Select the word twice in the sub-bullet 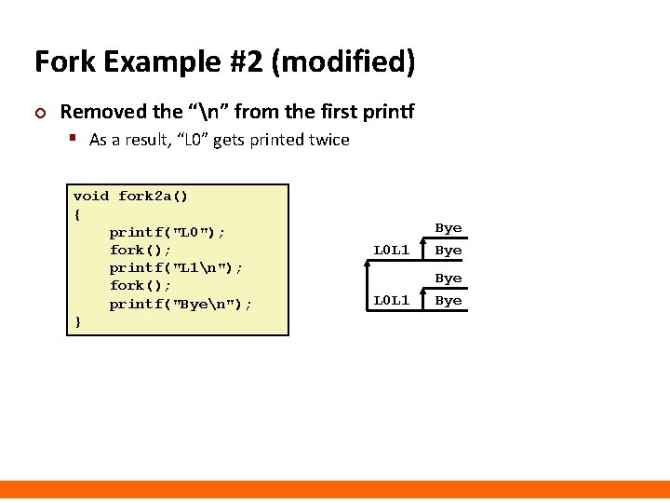pyautogui.click(x=328, y=140)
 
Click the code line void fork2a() pyautogui.click(x=130, y=196)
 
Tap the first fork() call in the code pyautogui.click(x=141, y=250)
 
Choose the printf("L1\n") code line pyautogui.click(x=177, y=267)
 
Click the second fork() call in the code pyautogui.click(x=141, y=285)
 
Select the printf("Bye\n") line pyautogui.click(x=181, y=304)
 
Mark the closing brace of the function pyautogui.click(x=77, y=321)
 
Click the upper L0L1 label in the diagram pyautogui.click(x=392, y=250)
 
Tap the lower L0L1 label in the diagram pyautogui.click(x=392, y=300)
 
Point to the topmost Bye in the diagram pyautogui.click(x=449, y=228)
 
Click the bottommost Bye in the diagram pyautogui.click(x=449, y=300)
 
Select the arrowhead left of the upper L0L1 pyautogui.click(x=368, y=265)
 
